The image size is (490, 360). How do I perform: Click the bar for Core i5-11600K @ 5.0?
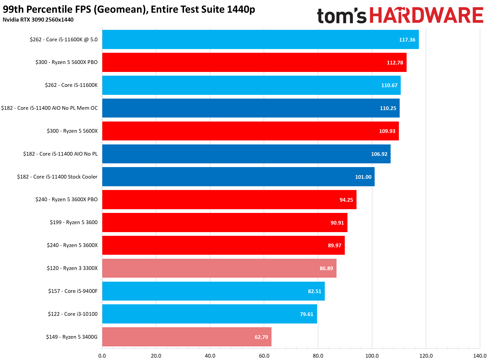click(x=260, y=39)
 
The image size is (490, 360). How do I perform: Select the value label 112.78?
click(x=395, y=63)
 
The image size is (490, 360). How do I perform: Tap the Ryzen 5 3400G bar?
click(x=187, y=337)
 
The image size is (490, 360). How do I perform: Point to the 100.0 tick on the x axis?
click(x=372, y=356)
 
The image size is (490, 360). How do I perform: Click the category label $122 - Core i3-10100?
click(x=73, y=314)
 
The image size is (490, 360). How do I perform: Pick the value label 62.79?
click(x=261, y=337)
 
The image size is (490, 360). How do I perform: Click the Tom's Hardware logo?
click(x=400, y=15)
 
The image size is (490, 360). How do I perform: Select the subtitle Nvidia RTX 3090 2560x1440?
click(x=38, y=20)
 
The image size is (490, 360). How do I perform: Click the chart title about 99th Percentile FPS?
click(x=129, y=9)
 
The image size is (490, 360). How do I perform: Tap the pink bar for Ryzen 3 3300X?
click(x=219, y=268)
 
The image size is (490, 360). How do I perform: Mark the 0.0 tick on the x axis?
click(x=102, y=356)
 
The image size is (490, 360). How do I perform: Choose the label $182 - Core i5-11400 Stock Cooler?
click(x=57, y=177)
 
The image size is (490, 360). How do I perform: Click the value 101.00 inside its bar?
click(x=363, y=177)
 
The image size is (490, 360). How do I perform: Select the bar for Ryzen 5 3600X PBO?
click(x=229, y=200)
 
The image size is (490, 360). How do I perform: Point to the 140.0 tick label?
click(x=480, y=356)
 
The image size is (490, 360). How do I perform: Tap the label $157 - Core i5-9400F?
click(x=73, y=291)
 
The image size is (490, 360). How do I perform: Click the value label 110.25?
click(x=388, y=108)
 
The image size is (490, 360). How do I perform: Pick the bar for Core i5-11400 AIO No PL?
click(x=246, y=154)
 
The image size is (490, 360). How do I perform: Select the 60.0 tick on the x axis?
click(x=264, y=356)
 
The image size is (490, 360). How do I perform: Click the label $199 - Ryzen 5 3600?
click(x=74, y=222)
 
